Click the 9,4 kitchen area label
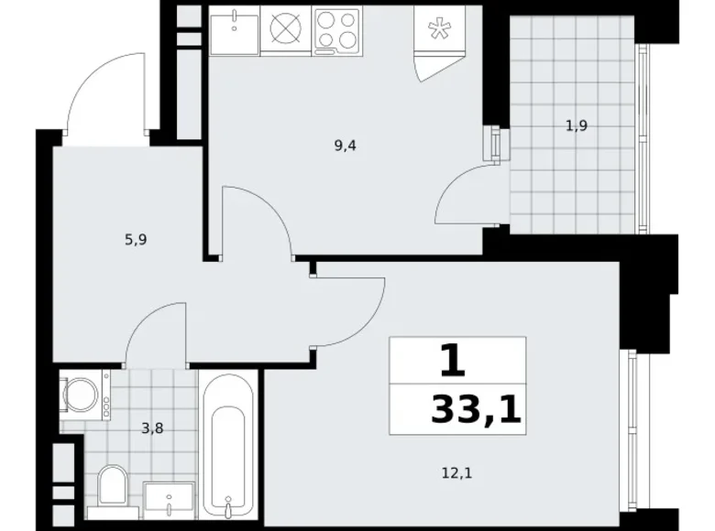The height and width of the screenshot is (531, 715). point(345,144)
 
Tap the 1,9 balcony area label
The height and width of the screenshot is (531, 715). point(576,127)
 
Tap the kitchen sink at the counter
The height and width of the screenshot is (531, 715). point(234,27)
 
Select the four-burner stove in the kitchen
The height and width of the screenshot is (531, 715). point(337,28)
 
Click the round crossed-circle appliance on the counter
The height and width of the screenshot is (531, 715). point(286,28)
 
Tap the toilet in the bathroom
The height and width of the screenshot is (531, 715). point(114,482)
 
